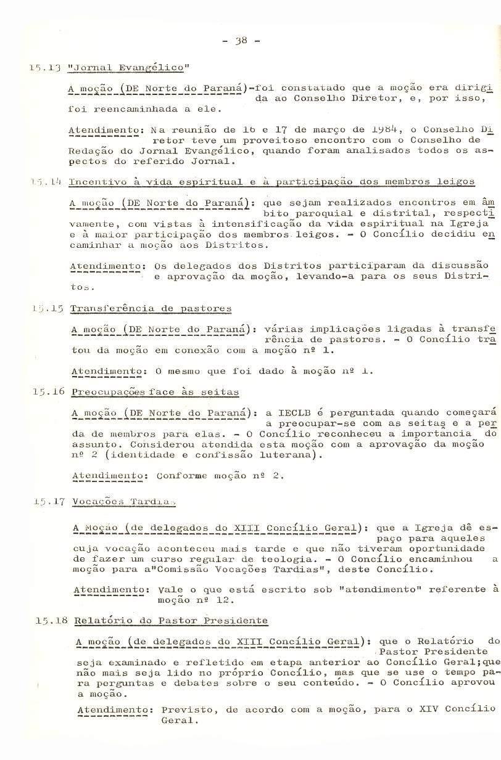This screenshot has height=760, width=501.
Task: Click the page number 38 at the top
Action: click(x=241, y=41)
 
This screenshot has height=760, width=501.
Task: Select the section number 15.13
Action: click(x=47, y=67)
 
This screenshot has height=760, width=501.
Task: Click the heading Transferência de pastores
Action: click(x=151, y=308)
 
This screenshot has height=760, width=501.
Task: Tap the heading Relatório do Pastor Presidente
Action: click(x=171, y=621)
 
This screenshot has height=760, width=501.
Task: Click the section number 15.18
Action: click(x=51, y=621)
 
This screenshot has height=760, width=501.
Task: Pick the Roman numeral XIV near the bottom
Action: click(x=429, y=709)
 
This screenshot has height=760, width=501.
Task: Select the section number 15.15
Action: click(x=48, y=308)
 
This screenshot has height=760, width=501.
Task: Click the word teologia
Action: click(x=291, y=559)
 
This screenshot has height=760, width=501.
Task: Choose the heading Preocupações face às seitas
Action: click(x=155, y=392)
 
